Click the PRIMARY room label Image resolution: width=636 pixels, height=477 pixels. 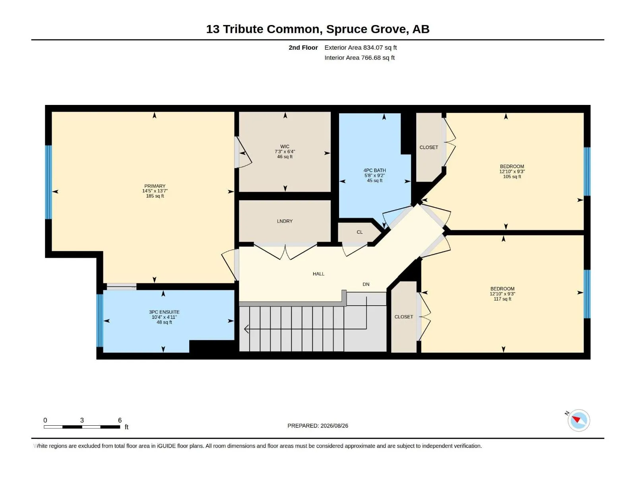155,186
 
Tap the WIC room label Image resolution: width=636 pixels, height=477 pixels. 285,147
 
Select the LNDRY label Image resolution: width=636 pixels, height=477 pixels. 285,221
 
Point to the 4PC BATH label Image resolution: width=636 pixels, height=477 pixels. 374,171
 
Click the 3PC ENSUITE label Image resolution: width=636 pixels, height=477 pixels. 164,312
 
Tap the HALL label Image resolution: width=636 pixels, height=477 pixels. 318,274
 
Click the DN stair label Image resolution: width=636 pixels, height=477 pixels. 366,284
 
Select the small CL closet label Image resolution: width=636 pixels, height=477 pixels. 359,232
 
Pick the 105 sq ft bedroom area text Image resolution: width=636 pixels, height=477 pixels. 512,176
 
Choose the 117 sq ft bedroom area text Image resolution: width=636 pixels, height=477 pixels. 502,299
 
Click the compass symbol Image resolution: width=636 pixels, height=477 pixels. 578,420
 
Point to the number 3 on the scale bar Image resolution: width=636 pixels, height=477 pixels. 82,420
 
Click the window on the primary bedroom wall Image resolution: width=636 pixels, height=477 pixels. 48,182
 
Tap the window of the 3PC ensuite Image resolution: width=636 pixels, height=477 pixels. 100,321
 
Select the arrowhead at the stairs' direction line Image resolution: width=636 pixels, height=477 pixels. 246,329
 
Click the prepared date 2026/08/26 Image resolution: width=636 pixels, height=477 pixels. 334,426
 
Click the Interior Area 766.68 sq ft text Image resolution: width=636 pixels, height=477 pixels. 359,58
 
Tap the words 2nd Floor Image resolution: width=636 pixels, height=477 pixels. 303,47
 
